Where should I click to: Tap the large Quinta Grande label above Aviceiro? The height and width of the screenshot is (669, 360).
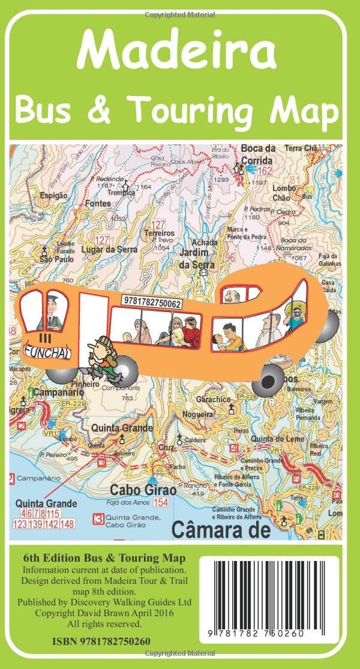tap(121, 429)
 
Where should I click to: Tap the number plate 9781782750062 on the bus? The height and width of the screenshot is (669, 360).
tap(151, 304)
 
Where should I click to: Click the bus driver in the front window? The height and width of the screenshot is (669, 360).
tap(52, 312)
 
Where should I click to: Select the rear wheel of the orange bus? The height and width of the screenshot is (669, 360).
tap(268, 378)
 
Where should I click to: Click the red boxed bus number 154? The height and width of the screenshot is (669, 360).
tap(160, 502)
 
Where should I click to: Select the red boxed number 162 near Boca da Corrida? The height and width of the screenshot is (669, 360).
tap(265, 171)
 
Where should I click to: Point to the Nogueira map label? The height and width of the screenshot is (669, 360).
tap(197, 415)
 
